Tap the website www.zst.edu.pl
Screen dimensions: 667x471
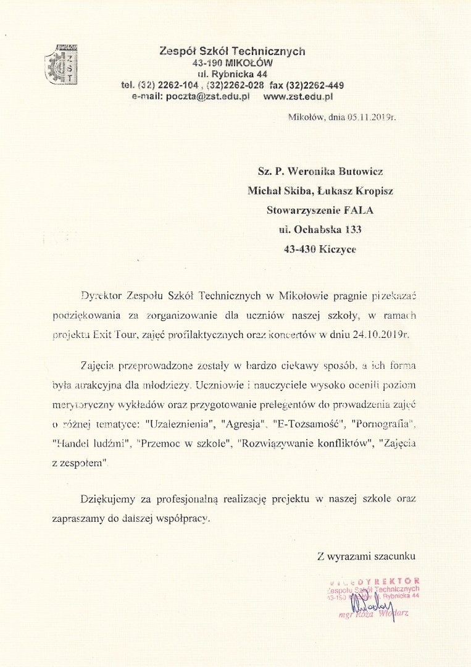coord(298,97)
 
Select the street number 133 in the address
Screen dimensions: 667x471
coord(349,230)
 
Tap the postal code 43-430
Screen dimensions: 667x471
coord(300,249)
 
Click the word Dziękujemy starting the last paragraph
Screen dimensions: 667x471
coord(109,498)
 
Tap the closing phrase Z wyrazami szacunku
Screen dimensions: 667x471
coord(366,556)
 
